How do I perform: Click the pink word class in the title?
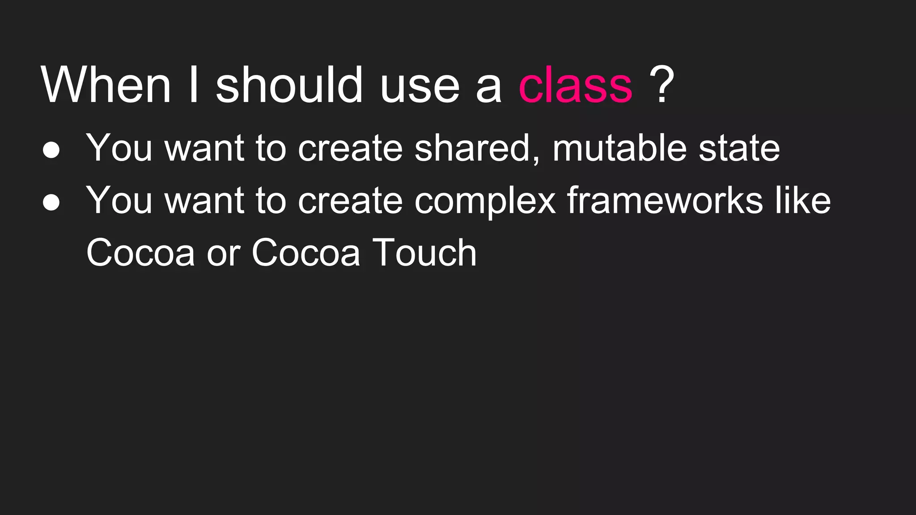tap(575, 85)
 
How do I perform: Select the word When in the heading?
tap(106, 85)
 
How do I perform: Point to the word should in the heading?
tap(289, 85)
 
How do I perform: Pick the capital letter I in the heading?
tap(193, 85)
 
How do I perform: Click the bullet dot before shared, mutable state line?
tap(51, 150)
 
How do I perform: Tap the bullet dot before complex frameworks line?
tap(51, 203)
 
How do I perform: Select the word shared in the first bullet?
tap(476, 148)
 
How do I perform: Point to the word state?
tap(739, 148)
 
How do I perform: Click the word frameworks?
tap(665, 200)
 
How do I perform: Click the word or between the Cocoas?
tap(223, 255)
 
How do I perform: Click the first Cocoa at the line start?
tap(140, 253)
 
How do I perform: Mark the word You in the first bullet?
tap(119, 148)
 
